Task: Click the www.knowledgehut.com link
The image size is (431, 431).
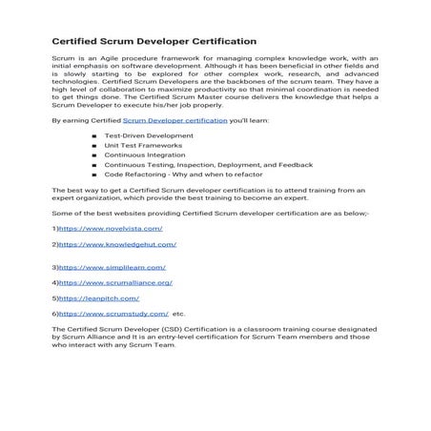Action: coord(113,244)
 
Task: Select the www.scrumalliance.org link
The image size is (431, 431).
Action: coord(114,283)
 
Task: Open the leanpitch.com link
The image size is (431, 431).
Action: coord(95,298)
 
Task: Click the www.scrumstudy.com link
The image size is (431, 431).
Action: coord(113,313)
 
